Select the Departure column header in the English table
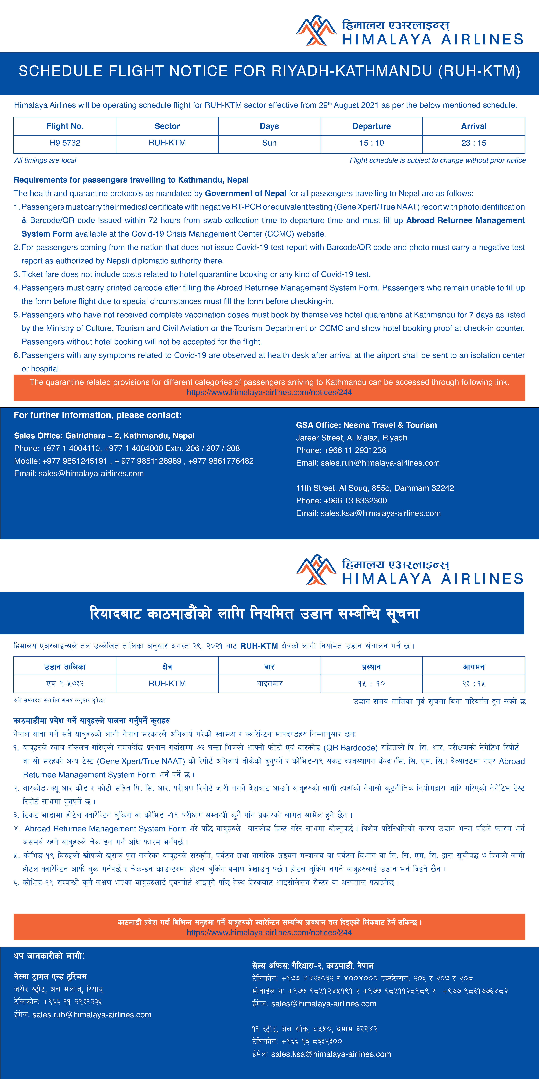pyautogui.click(x=372, y=126)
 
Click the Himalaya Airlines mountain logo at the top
pyautogui.click(x=316, y=31)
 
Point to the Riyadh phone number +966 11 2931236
pyautogui.click(x=355, y=450)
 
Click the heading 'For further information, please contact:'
pyautogui.click(x=98, y=415)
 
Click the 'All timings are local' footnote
pyautogui.click(x=45, y=160)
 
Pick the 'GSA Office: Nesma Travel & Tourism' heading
pyautogui.click(x=366, y=425)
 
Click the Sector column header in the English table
pyautogui.click(x=167, y=126)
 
